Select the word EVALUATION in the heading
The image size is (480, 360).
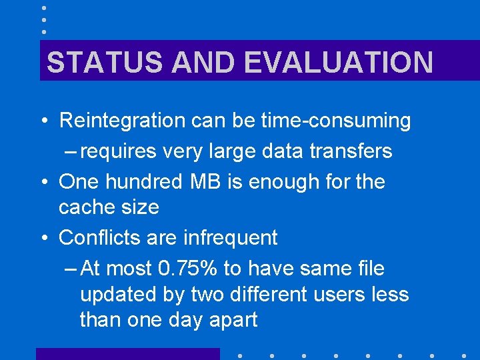tap(339, 63)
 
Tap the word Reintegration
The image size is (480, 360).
tap(122, 121)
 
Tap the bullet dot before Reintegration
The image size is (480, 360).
tap(42, 121)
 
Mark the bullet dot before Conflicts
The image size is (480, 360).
tap(42, 238)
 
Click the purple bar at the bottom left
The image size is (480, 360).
tap(127, 354)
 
